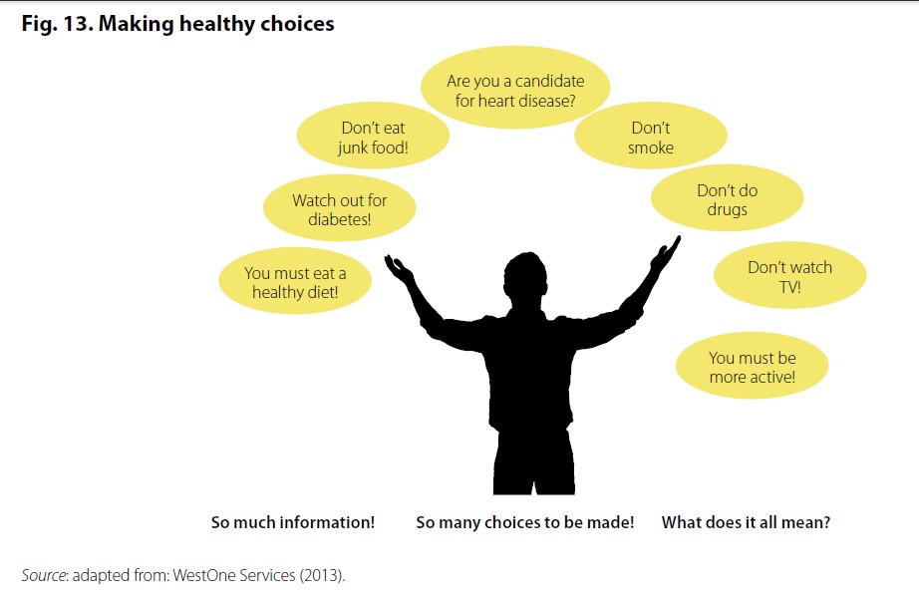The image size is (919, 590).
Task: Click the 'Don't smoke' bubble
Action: [651, 136]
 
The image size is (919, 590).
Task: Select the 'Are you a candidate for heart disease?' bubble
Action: [515, 88]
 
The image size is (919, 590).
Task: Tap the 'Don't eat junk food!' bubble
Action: [374, 136]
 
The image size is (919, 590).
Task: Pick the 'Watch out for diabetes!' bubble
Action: [339, 208]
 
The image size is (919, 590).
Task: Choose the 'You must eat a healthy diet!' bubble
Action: [295, 281]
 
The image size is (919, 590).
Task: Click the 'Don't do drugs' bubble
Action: [728, 198]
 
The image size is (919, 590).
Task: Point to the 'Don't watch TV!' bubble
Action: [790, 275]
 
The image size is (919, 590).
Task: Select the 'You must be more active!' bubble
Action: [752, 366]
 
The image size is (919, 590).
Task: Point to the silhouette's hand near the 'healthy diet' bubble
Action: [399, 269]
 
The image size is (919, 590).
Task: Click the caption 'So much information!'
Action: [292, 522]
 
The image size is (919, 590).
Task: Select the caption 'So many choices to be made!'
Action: [525, 522]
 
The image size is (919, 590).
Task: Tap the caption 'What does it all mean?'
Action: [747, 522]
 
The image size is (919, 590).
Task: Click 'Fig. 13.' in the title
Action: [58, 24]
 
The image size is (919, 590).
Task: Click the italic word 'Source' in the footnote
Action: [44, 575]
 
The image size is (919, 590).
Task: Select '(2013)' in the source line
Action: [322, 575]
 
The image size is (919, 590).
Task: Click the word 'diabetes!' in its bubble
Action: [339, 219]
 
